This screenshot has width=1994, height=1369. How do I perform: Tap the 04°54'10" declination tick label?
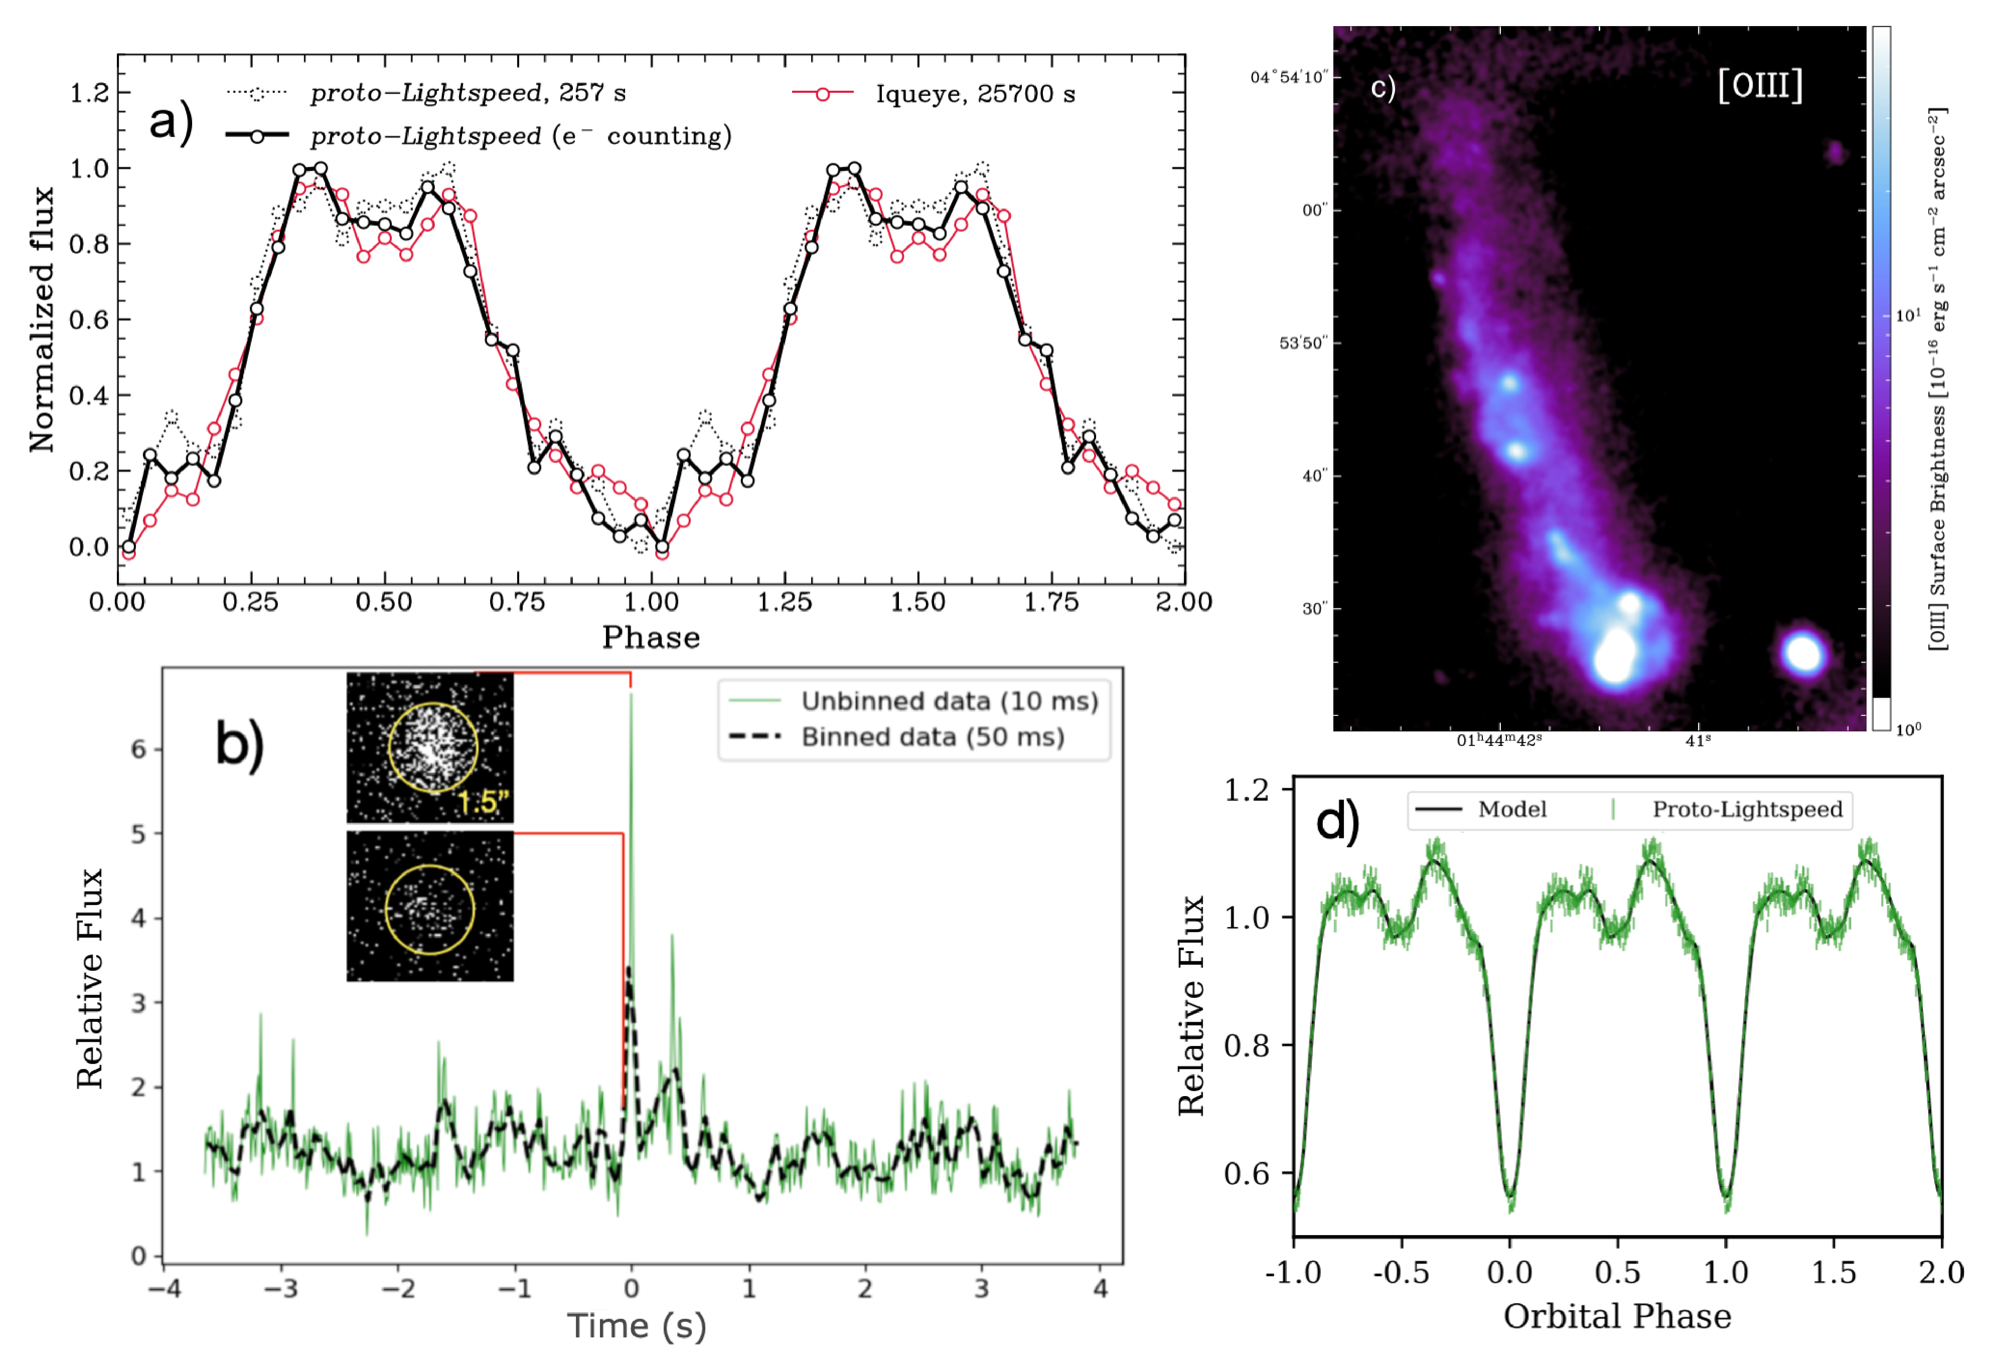click(x=1288, y=77)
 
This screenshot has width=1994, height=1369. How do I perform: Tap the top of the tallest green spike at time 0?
click(x=632, y=695)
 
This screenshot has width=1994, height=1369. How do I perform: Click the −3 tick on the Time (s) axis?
click(x=280, y=1288)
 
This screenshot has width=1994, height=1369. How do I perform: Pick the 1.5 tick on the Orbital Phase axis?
click(x=1833, y=1271)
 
